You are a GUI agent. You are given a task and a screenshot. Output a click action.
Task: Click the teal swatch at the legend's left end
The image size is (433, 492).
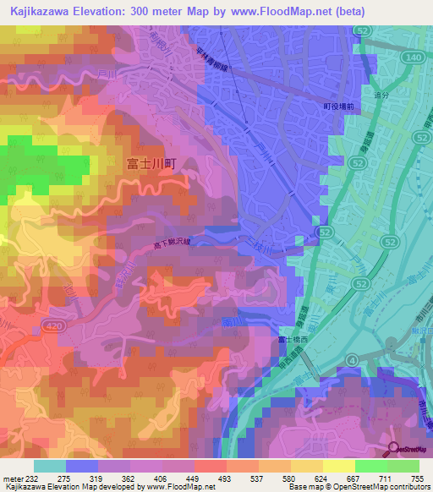click(50, 465)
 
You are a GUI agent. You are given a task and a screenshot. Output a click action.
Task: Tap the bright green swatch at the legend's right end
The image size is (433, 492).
click(403, 465)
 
